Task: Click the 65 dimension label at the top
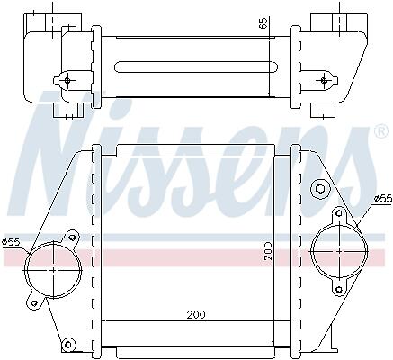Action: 263,23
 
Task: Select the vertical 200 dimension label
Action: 268,251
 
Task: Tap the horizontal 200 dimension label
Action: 196,314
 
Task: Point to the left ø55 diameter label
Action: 12,241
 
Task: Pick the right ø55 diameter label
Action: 383,198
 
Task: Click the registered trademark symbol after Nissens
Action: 381,132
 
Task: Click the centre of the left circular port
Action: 53,270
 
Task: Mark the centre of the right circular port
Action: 340,250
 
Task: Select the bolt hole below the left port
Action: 35,302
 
